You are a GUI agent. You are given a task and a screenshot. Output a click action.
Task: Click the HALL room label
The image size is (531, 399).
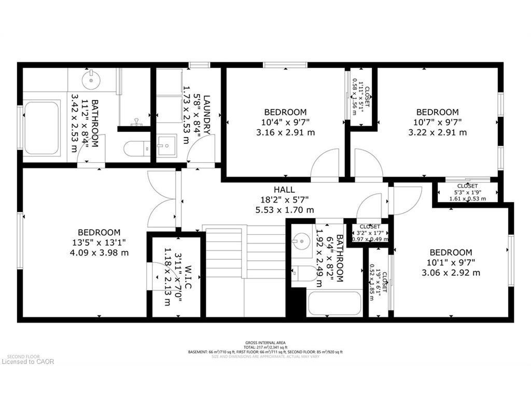[284, 190]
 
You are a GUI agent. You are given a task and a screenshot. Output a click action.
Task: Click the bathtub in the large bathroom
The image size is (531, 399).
[41, 128]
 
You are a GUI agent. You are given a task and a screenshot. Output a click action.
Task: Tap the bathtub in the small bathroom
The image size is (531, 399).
[334, 303]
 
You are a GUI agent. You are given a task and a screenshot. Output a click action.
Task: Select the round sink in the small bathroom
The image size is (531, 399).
[300, 241]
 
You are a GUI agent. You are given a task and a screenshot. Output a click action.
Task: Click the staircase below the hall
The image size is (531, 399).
[244, 270]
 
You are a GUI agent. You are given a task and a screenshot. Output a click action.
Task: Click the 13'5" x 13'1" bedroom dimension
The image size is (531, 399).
[99, 243]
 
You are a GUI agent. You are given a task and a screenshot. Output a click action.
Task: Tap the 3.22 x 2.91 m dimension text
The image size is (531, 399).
[438, 132]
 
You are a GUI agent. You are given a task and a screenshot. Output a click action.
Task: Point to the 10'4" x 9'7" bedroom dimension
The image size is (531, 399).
[285, 122]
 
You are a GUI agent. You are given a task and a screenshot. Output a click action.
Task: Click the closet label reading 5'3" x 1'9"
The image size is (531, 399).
[467, 192]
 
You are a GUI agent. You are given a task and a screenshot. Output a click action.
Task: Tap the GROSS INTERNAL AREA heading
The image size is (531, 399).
[265, 342]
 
